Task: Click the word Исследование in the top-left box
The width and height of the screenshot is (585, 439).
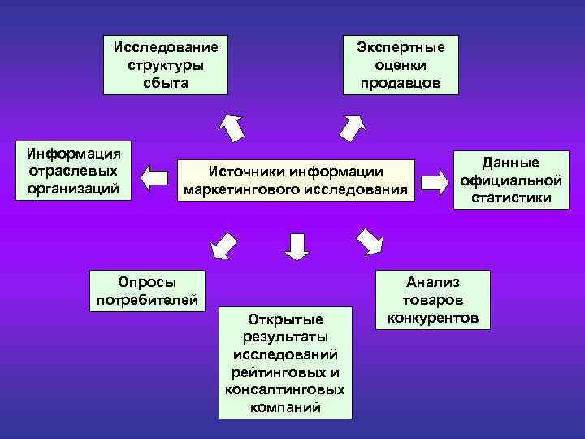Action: (166, 46)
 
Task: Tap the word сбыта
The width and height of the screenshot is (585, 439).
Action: (166, 83)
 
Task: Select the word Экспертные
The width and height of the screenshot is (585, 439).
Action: (401, 46)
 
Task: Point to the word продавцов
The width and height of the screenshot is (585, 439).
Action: (401, 83)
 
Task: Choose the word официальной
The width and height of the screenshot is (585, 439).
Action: (511, 180)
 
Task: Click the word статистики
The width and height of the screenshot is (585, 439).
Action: (511, 198)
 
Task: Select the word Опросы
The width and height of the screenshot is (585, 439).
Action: (146, 281)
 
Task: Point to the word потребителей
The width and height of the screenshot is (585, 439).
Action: (146, 300)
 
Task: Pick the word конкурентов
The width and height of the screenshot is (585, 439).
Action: (433, 318)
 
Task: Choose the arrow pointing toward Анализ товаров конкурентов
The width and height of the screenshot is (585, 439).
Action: (369, 241)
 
